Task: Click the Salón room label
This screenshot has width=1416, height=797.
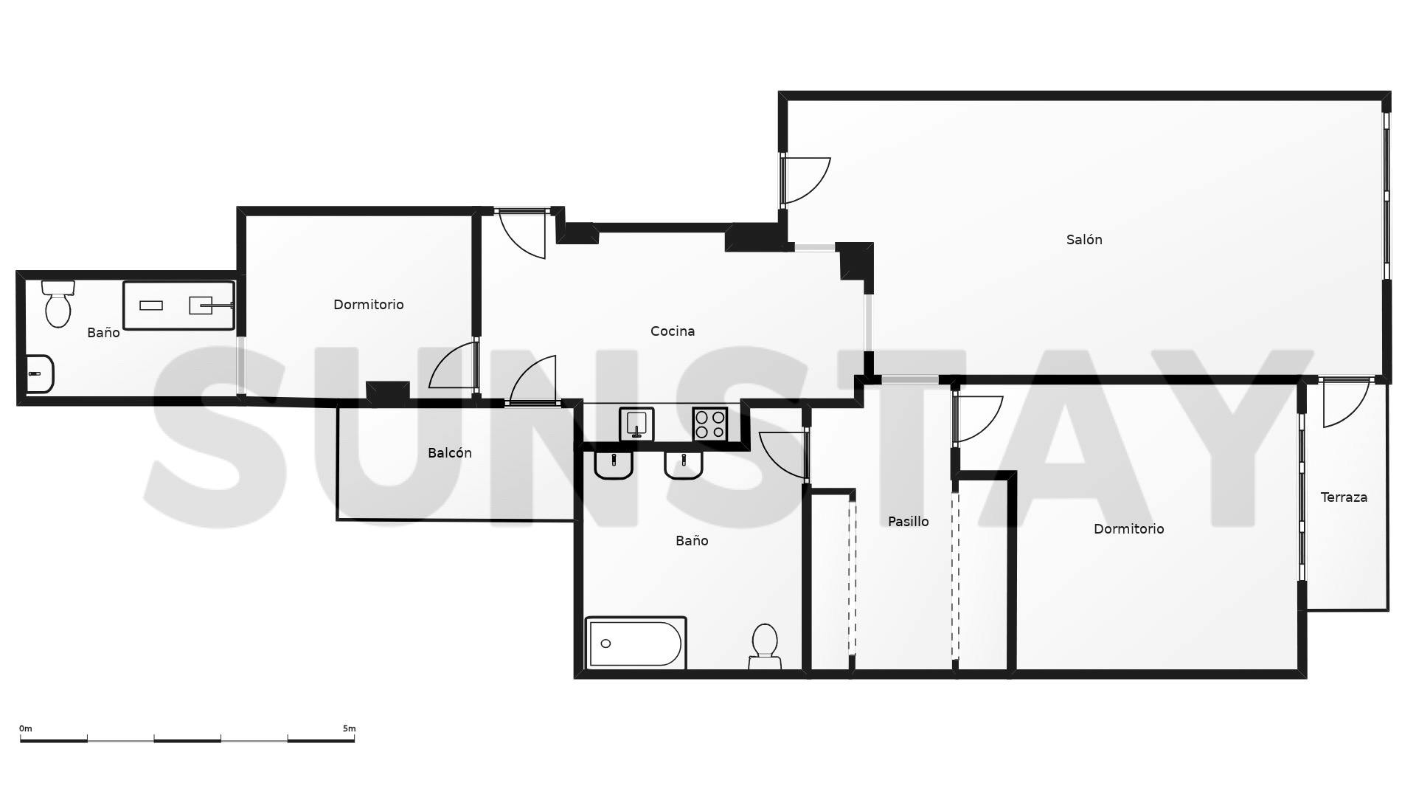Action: (1083, 240)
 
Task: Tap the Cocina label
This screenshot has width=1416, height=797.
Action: (672, 331)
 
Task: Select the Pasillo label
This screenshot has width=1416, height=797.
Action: (908, 522)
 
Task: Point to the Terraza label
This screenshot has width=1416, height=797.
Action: (1343, 497)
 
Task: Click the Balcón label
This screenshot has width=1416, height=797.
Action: (449, 453)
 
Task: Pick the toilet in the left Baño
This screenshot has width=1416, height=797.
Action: (58, 304)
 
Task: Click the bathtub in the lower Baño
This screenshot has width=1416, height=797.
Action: (635, 643)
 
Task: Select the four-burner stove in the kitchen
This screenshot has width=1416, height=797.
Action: (709, 424)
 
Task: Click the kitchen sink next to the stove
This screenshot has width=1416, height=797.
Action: (636, 424)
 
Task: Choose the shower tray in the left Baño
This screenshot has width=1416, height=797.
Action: (178, 305)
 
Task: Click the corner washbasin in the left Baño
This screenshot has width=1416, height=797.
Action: (38, 374)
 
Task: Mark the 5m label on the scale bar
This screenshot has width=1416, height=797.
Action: (349, 728)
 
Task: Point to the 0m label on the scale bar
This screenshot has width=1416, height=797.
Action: (26, 728)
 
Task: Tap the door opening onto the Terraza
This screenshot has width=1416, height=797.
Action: (1344, 403)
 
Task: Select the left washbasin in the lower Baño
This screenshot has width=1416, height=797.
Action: (613, 464)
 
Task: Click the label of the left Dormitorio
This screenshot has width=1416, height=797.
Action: (368, 305)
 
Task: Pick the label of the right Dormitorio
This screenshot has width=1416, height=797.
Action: (1128, 529)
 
